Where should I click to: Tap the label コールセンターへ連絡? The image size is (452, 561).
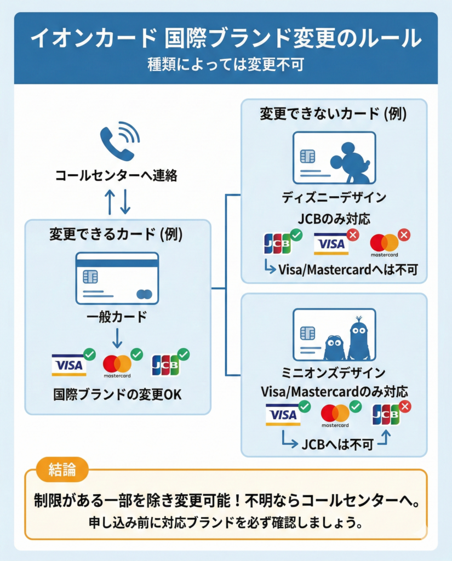pyautogui.click(x=116, y=176)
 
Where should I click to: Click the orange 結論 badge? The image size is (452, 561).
pyautogui.click(x=62, y=470)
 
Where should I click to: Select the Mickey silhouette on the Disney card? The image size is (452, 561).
pyautogui.click(x=351, y=162)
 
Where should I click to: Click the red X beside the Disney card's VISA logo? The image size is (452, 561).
pyautogui.click(x=353, y=235)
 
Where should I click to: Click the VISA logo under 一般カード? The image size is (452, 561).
pyautogui.click(x=69, y=365)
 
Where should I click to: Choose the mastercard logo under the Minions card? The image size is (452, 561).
pyautogui.click(x=335, y=416)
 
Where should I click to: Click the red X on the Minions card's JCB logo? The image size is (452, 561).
pyautogui.click(x=405, y=407)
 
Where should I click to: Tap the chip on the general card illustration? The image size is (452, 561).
pyautogui.click(x=90, y=277)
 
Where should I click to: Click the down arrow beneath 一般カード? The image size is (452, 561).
pyautogui.click(x=117, y=339)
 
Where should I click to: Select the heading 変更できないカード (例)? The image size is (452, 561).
pyautogui.click(x=334, y=115)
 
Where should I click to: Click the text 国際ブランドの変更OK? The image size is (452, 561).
pyautogui.click(x=117, y=394)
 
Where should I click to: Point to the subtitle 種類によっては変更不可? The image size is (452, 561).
pyautogui.click(x=225, y=65)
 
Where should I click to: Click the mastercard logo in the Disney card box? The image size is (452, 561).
pyautogui.click(x=384, y=245)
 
